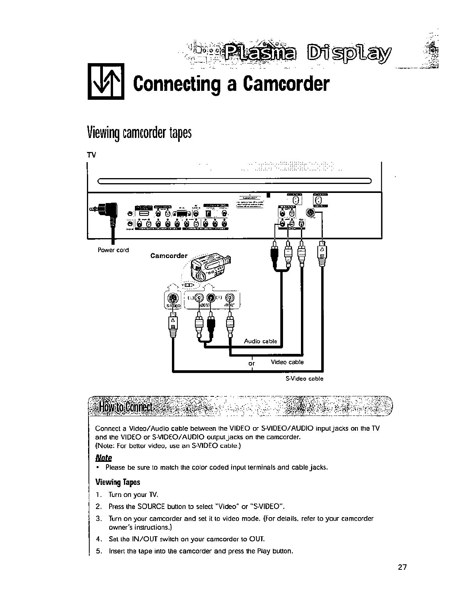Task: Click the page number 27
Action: coord(402,567)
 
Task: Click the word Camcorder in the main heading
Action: coord(285,83)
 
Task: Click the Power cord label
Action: coord(113,250)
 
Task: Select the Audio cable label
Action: coord(260,341)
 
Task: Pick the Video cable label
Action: coord(287,362)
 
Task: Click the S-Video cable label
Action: coord(304,378)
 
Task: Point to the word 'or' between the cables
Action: coord(252,364)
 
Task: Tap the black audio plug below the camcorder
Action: coord(211,323)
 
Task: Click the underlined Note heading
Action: coord(104,457)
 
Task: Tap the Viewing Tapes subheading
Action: coord(117,482)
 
